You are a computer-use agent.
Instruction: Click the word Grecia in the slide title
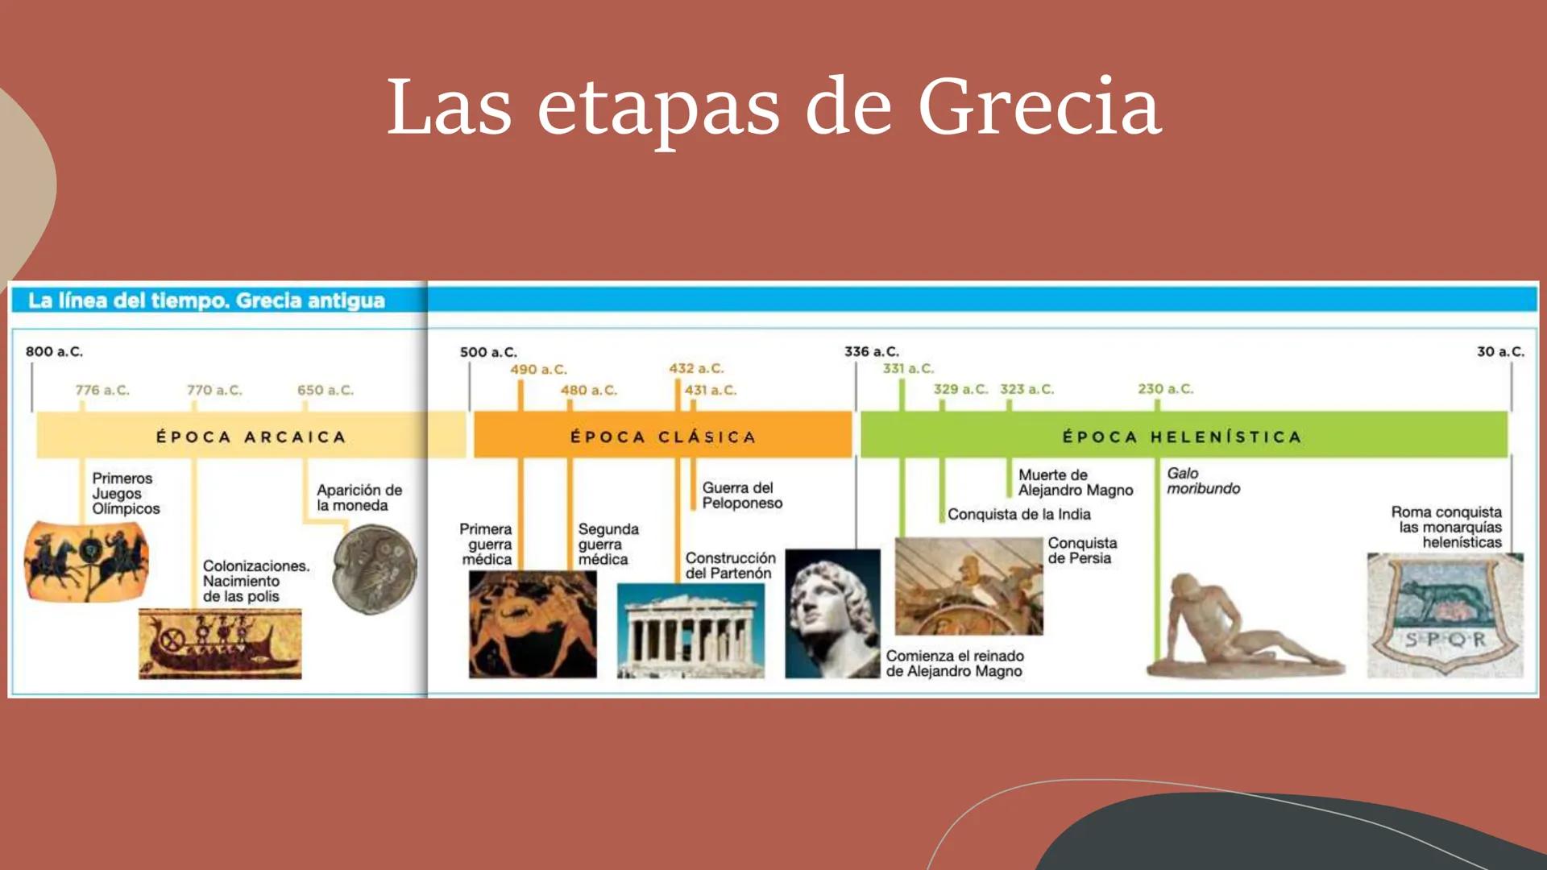(1039, 106)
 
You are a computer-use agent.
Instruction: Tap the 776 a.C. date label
(102, 391)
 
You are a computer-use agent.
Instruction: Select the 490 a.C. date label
(538, 370)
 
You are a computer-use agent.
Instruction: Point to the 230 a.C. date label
(1165, 389)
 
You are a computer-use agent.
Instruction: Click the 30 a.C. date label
(1500, 352)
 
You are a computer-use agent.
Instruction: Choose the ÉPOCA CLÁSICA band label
(662, 437)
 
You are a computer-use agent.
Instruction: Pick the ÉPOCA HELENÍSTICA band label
(1182, 437)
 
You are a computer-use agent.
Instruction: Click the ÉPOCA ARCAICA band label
(251, 437)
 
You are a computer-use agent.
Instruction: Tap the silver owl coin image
(375, 570)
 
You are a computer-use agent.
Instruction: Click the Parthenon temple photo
(691, 631)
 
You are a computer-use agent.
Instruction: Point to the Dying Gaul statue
(1241, 628)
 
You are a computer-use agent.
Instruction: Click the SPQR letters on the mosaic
(1445, 640)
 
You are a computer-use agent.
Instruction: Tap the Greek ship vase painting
(220, 644)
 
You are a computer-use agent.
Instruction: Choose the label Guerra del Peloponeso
(741, 495)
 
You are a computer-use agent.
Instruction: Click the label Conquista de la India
(1018, 515)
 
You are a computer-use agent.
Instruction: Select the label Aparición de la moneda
(359, 498)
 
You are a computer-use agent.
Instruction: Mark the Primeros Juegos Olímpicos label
(126, 493)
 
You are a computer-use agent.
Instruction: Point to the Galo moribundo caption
(1203, 481)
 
